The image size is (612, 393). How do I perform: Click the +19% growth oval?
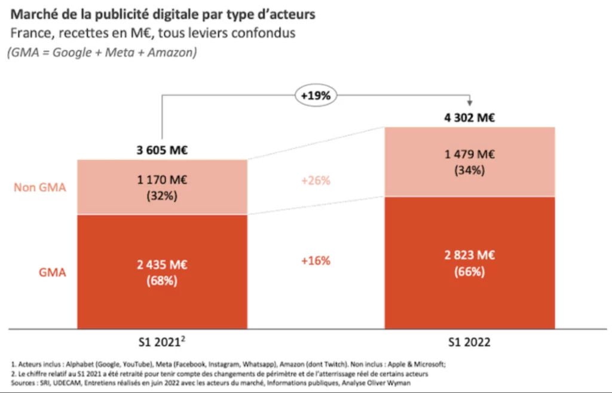click(316, 94)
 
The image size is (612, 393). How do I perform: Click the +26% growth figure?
click(316, 180)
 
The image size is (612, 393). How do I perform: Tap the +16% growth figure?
click(316, 260)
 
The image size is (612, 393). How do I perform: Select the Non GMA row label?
click(39, 187)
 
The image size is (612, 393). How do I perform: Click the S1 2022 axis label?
click(469, 343)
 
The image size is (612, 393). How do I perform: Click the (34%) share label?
click(469, 170)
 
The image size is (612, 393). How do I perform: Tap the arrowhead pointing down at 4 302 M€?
click(470, 103)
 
